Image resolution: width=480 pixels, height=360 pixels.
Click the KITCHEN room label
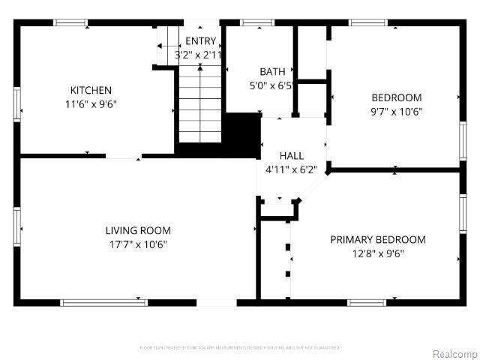coord(91,90)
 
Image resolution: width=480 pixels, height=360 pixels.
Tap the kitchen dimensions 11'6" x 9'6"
coord(91,104)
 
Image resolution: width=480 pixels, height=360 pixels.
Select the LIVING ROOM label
coord(137,230)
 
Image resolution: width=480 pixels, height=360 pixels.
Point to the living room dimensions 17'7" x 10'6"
coord(137,244)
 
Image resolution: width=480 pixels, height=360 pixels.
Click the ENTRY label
coord(200,41)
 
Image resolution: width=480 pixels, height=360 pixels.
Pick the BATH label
coord(272,72)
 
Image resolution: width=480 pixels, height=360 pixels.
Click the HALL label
coord(291,155)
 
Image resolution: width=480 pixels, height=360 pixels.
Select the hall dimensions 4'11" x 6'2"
coord(291,169)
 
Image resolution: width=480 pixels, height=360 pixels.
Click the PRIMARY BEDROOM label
coord(378,239)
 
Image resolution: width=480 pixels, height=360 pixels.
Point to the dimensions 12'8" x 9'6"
coord(378,253)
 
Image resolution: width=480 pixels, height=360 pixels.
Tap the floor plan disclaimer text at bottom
coord(240,347)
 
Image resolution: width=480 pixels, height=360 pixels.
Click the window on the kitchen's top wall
coord(71,22)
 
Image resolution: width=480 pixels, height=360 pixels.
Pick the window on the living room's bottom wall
coord(103,302)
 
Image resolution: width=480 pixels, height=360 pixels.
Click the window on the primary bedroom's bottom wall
coord(386,302)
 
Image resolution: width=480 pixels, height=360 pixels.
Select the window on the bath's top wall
coord(256,22)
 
